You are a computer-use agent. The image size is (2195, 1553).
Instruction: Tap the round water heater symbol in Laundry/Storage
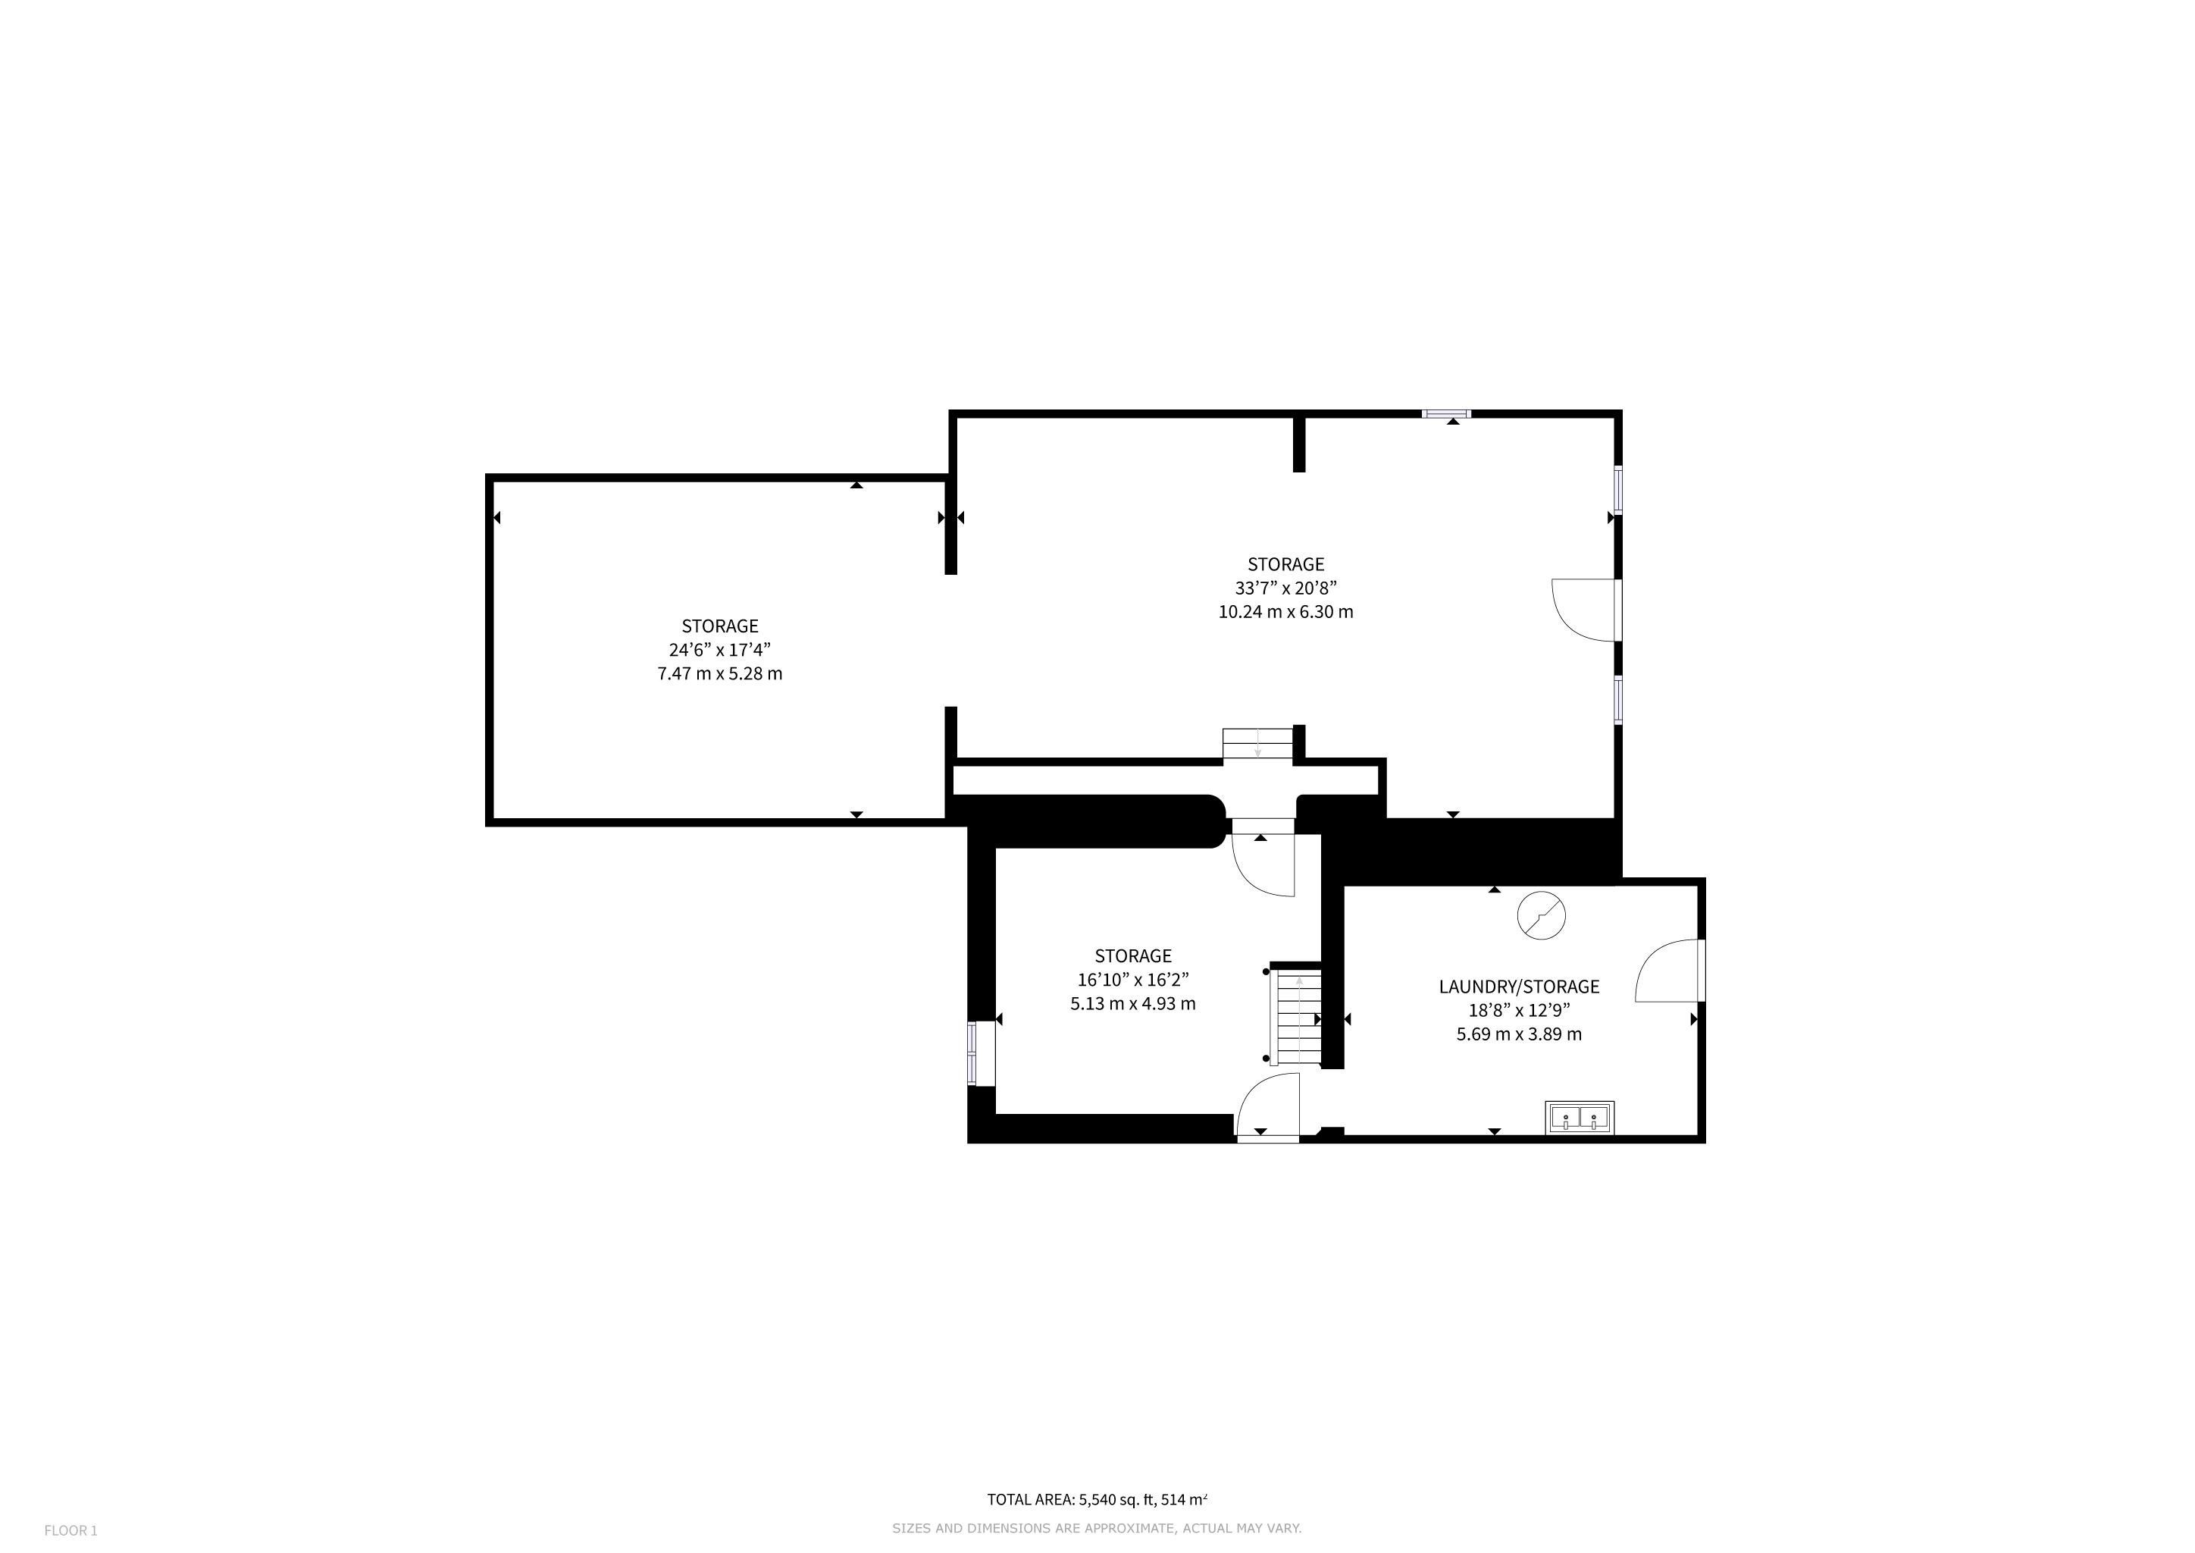[1541, 915]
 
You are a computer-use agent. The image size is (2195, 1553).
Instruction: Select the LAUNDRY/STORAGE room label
[1519, 986]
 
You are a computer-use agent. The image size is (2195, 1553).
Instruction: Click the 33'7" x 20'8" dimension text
[1285, 588]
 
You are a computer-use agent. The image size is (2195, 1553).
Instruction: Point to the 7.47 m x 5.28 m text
[720, 673]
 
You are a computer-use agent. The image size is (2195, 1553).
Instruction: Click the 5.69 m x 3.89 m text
[1519, 1034]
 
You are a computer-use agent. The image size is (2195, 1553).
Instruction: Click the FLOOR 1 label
[70, 1531]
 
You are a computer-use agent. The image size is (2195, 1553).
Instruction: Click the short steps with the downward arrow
[1258, 744]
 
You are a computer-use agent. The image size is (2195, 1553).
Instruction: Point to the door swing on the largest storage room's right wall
[1584, 608]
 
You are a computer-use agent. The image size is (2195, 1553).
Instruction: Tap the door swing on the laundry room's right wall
[1669, 970]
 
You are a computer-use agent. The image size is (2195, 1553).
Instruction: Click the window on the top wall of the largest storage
[1445, 414]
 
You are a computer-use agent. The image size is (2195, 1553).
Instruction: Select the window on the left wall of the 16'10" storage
[973, 1053]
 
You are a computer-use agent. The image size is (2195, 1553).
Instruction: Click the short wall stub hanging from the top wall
[1298, 442]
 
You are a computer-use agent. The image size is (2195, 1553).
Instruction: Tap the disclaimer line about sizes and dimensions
[1097, 1529]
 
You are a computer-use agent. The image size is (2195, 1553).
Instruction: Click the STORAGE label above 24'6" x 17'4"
[720, 626]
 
